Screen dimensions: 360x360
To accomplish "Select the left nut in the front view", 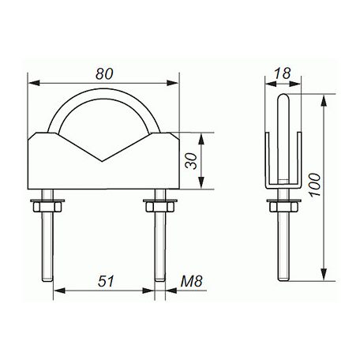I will coord(49,207).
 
